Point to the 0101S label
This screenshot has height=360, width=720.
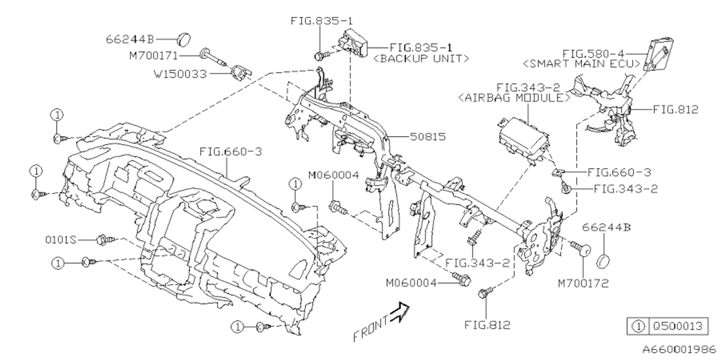(61, 240)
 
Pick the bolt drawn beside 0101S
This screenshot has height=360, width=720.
(105, 240)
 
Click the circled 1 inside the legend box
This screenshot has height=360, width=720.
(637, 326)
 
